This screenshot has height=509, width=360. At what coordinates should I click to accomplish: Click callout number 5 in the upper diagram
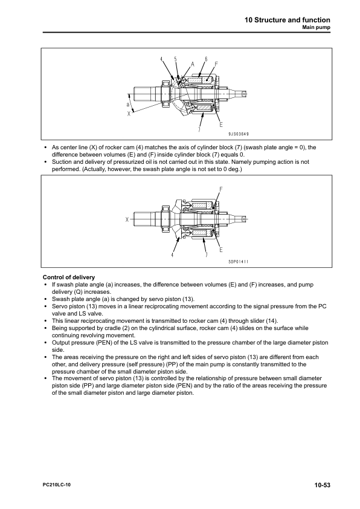pos(175,59)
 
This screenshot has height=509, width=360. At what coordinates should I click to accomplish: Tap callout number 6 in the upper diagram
pos(206,59)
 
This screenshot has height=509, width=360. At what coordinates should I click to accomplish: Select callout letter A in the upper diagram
pos(192,64)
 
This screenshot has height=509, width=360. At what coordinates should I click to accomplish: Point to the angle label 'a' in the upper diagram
pos(128,104)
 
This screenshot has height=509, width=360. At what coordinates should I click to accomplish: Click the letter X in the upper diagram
pos(129,114)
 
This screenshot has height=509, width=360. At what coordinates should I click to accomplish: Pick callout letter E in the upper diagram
pos(221,125)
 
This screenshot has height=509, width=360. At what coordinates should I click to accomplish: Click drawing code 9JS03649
pos(239,134)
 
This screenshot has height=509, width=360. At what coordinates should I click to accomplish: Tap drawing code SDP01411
pos(239,261)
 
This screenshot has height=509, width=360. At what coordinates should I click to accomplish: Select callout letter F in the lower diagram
pos(221,189)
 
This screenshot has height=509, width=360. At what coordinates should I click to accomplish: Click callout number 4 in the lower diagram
pos(173,255)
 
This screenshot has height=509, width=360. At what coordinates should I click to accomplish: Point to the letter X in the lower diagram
pos(127,219)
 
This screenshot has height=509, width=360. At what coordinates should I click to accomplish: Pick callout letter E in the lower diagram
pos(221,249)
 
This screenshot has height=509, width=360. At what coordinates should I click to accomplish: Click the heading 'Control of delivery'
pos(69,277)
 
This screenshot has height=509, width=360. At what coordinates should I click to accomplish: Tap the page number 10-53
pos(322,485)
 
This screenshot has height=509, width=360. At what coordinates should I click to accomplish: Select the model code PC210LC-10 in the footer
pos(56,485)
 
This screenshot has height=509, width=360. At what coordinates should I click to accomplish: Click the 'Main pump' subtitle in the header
pos(317,27)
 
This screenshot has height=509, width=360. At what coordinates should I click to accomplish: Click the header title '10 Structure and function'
pos(288,20)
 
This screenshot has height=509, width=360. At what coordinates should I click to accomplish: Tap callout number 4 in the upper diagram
pos(161,59)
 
